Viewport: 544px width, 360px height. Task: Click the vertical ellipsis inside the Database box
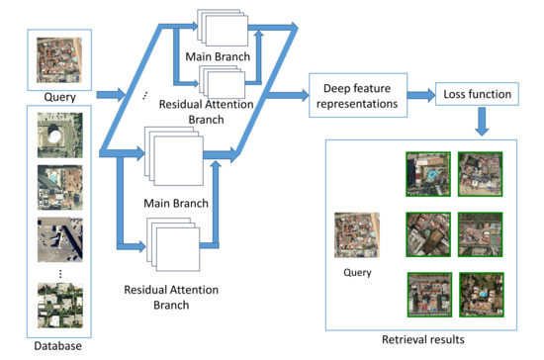click(x=56, y=273)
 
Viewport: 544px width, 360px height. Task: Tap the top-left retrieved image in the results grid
click(x=425, y=174)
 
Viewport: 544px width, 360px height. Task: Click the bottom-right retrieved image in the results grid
click(x=481, y=293)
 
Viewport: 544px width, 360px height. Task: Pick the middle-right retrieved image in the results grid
click(x=481, y=233)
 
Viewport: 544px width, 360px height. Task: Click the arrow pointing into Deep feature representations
click(x=288, y=95)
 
